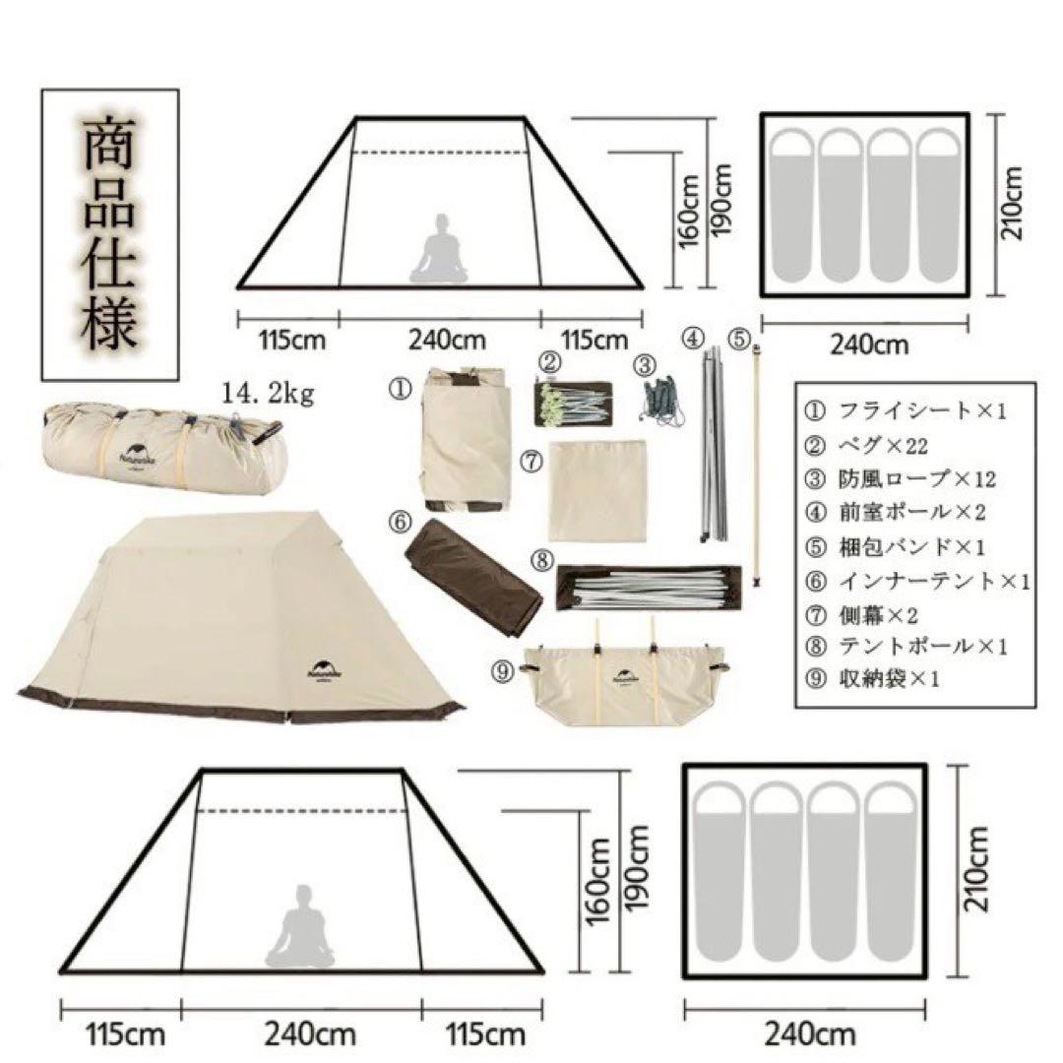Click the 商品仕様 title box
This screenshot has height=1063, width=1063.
(109, 234)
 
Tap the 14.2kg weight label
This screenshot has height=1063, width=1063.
(268, 396)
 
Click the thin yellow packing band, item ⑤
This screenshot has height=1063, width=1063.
(757, 463)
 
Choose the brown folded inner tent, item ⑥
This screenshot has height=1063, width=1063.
(474, 578)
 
